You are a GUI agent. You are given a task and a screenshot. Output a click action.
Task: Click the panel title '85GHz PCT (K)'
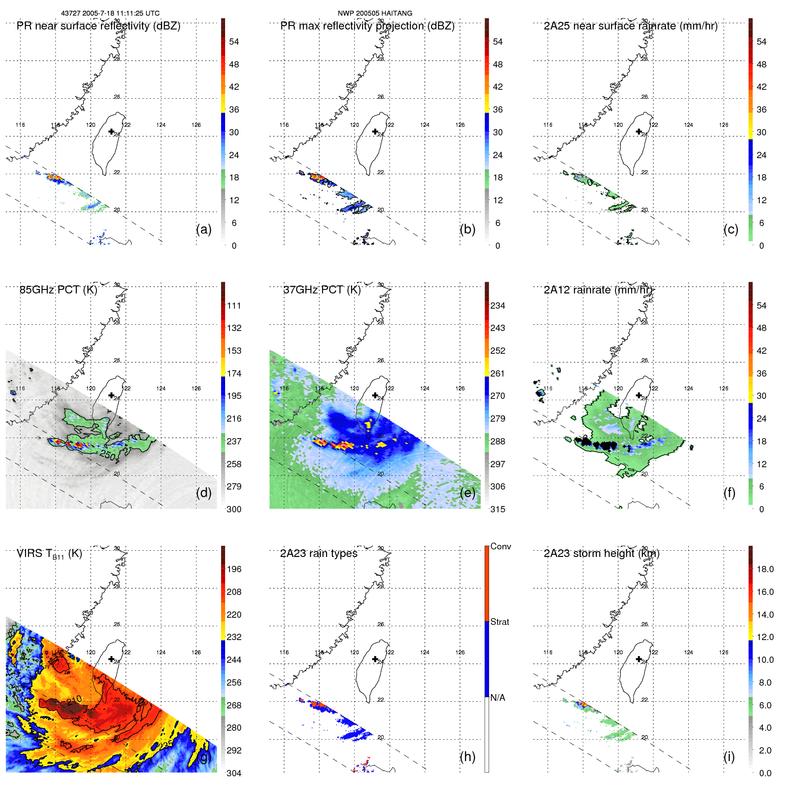[x=58, y=290]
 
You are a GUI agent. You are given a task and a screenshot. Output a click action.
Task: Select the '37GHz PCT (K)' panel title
[x=322, y=290]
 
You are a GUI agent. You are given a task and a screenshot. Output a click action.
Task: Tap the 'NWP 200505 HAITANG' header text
[x=375, y=13]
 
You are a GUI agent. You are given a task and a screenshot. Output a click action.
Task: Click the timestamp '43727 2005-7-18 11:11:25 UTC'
[x=110, y=13]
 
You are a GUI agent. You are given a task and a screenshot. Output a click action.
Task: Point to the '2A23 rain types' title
[x=318, y=553]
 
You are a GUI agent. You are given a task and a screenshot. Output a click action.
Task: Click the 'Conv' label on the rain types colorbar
[x=500, y=546]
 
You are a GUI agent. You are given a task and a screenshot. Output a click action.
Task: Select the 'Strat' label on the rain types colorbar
[x=499, y=622]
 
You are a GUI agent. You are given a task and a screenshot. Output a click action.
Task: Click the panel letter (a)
[x=204, y=229]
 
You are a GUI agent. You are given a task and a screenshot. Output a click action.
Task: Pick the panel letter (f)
[x=729, y=493]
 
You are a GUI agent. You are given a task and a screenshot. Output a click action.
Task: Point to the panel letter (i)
[x=729, y=757]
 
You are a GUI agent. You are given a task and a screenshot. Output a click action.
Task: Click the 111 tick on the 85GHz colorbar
[x=234, y=306]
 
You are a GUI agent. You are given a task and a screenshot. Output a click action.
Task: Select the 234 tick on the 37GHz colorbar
[x=498, y=306]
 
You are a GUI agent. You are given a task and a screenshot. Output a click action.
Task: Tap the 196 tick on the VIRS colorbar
[x=234, y=569]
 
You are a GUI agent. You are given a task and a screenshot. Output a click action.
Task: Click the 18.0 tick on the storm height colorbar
[x=765, y=569]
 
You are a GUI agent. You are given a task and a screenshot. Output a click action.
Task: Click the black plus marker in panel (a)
[x=111, y=132]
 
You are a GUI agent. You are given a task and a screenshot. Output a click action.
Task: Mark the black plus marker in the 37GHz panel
[x=375, y=395]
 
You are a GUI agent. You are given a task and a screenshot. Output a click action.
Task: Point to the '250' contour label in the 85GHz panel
[x=108, y=455]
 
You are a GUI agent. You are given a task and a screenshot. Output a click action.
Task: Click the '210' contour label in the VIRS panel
[x=74, y=699]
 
